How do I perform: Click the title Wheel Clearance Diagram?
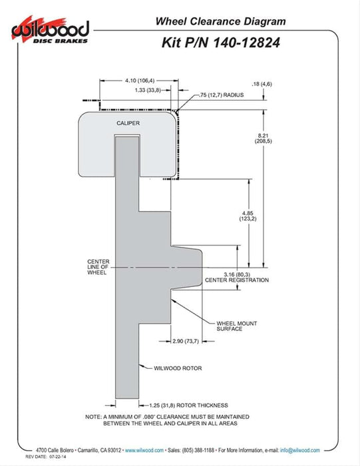[220, 21]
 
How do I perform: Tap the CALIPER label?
[128, 123]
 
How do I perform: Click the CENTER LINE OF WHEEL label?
[98, 267]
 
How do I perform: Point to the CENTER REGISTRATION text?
[237, 280]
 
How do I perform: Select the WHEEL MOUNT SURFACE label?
[237, 326]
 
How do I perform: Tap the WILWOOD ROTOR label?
[178, 368]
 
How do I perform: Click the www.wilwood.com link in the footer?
[144, 450]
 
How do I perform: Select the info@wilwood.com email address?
[300, 450]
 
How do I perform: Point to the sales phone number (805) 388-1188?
[198, 450]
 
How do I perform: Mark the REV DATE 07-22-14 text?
[45, 457]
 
